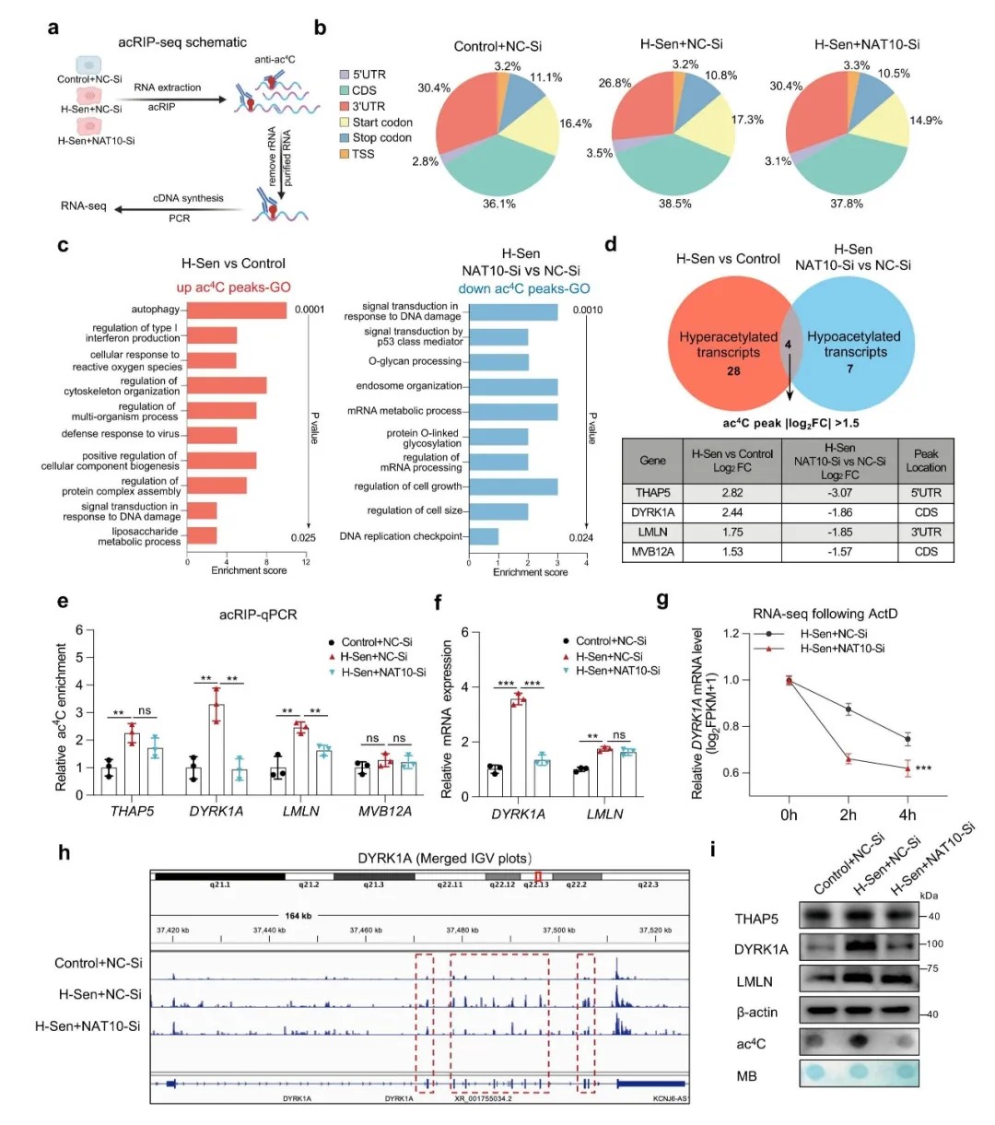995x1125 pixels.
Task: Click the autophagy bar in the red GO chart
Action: coord(237,310)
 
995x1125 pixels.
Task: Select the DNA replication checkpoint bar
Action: coord(484,536)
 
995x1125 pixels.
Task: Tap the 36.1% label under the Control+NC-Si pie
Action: coord(498,204)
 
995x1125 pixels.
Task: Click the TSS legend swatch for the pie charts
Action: coord(344,154)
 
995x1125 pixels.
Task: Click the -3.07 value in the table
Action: coord(839,493)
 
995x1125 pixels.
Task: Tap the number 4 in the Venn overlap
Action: coord(787,345)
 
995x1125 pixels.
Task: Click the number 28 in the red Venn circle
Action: coord(732,371)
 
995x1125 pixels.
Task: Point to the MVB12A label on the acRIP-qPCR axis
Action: coord(385,811)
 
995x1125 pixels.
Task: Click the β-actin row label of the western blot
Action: coord(756,1012)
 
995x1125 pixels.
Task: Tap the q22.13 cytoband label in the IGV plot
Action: coord(536,884)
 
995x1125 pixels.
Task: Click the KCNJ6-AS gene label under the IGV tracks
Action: coord(670,1098)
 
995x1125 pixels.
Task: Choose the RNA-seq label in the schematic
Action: coord(84,205)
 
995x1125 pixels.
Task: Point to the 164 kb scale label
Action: coord(298,916)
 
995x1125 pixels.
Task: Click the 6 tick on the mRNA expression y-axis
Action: coord(464,633)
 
